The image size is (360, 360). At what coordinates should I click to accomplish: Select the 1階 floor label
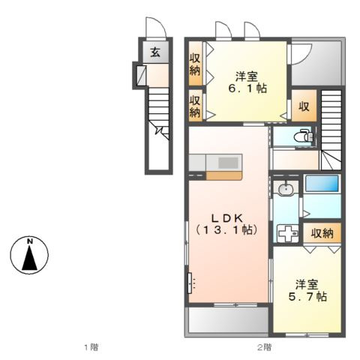tap(90, 347)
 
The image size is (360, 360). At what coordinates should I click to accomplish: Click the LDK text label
tap(223, 215)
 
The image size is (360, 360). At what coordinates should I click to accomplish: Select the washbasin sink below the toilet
tap(285, 190)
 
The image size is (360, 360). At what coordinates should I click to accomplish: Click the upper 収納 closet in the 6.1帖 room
tap(194, 64)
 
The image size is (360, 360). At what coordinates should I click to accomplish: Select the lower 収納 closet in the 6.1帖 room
tap(194, 106)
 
